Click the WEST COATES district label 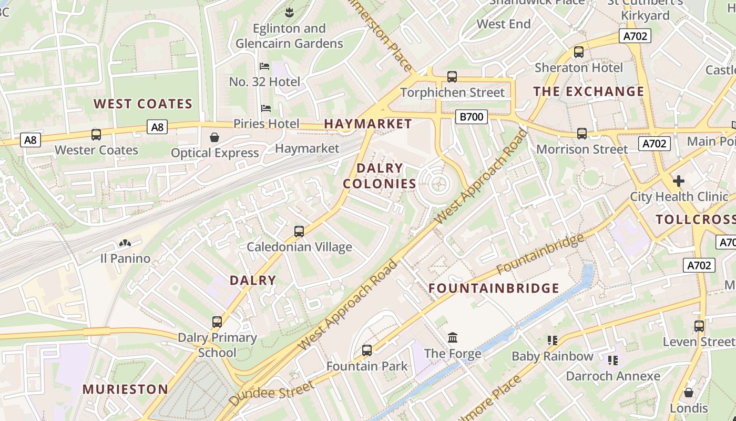143,104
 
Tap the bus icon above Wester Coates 96,134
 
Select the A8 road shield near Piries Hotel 157,127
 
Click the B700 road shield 471,117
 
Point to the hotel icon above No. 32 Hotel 264,66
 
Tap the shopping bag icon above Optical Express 214,138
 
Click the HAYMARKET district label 368,124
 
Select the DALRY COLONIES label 380,176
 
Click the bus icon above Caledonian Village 299,231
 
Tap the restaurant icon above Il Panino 125,243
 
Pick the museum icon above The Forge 453,337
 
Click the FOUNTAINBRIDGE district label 494,288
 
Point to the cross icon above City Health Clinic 679,181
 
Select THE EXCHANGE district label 589,92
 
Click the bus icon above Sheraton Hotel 579,52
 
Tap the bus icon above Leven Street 699,326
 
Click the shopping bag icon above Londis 689,393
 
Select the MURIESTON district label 125,389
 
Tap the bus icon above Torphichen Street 452,77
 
